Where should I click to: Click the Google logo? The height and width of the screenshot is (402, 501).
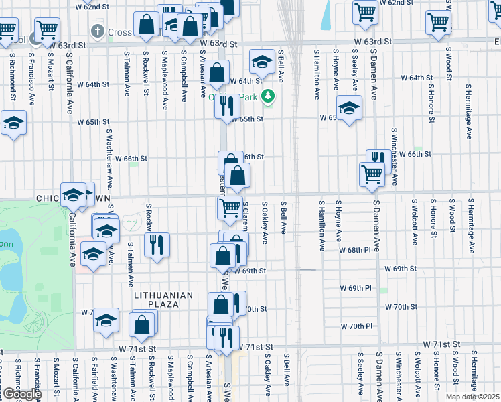tap(21, 394)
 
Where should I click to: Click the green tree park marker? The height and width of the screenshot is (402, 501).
tap(268, 96)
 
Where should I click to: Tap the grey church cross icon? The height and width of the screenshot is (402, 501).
tap(98, 31)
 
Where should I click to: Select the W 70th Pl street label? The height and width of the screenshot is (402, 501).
tap(356, 326)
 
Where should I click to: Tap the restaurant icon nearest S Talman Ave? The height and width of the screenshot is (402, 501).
tap(157, 244)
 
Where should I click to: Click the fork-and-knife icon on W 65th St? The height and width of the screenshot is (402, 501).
tap(227, 106)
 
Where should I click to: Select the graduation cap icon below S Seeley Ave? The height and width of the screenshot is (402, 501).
tap(349, 109)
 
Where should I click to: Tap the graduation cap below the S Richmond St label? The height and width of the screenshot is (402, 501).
tap(13, 123)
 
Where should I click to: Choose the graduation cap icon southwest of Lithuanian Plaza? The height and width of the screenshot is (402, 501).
tap(106, 320)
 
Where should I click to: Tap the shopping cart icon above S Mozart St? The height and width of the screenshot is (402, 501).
tap(47, 28)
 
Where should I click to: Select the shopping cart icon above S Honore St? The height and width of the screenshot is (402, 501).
tap(438, 21)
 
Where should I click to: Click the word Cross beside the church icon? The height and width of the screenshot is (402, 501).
tap(121, 32)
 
